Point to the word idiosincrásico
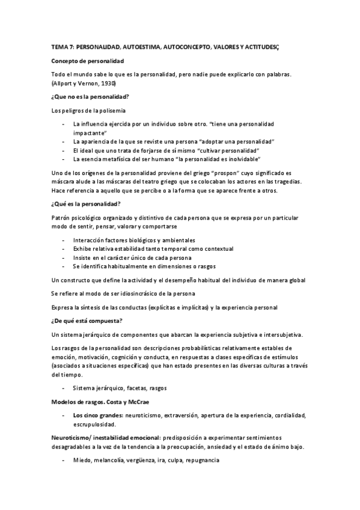[x=149, y=294]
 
